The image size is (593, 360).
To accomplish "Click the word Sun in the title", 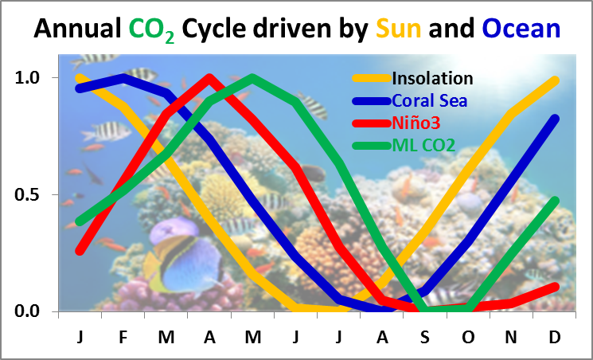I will coord(400,29).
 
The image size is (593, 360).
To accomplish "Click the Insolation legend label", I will coord(432,78).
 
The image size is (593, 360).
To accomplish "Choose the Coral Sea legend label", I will coord(429,100).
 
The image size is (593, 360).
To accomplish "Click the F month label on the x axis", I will coord(123,336).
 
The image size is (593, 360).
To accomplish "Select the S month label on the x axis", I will coord(425,336).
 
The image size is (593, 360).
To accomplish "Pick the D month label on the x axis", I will coord(555,336).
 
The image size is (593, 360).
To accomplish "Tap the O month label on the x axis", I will coord(468,336).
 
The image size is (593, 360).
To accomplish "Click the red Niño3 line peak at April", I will coord(209,78).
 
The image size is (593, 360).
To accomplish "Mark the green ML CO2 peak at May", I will coord(252,78).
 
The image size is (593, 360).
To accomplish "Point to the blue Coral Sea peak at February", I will coord(123,78).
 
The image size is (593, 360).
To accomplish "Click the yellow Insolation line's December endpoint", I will coord(555,80).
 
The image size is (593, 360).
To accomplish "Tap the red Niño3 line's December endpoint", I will coord(555,287).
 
